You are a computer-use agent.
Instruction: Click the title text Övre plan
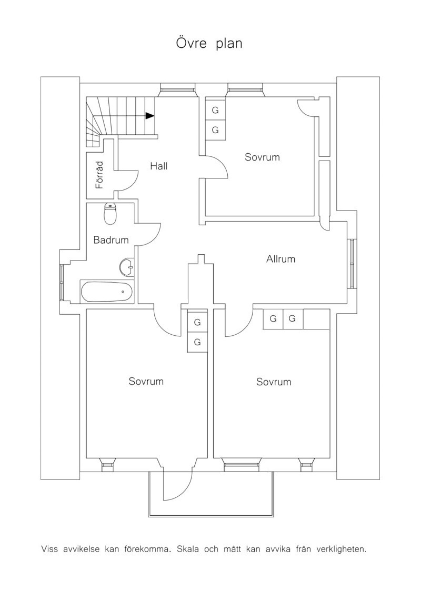click(209, 43)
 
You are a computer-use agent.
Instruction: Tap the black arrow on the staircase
click(150, 116)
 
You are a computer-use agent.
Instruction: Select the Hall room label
click(159, 166)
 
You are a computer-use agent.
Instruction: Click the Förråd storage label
click(100, 175)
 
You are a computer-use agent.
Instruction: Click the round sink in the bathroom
click(126, 267)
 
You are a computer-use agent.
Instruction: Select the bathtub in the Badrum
click(106, 291)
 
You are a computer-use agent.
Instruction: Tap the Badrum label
click(111, 240)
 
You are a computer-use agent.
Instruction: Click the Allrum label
click(281, 259)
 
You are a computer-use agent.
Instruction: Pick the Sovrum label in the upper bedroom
click(262, 157)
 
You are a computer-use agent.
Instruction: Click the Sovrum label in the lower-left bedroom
click(146, 381)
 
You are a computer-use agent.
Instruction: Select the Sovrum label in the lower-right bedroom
click(274, 382)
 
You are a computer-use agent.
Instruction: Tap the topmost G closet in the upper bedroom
click(215, 110)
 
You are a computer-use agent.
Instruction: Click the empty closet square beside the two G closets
click(316, 319)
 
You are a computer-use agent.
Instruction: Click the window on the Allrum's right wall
click(352, 264)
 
